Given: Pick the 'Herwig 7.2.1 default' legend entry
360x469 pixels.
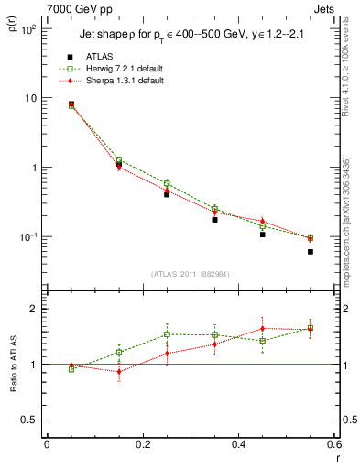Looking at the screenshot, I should (x=121, y=69).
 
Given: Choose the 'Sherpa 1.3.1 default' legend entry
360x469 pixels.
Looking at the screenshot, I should (x=121, y=81).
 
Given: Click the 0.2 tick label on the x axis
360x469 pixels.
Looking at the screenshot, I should (x=142, y=445).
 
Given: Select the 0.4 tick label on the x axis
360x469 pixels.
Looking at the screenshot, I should (x=238, y=445).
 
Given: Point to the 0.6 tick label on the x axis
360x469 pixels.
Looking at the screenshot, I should (x=333, y=445).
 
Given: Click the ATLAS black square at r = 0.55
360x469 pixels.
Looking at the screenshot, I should (x=311, y=252).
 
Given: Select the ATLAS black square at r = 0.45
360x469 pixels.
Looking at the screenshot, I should (x=263, y=234).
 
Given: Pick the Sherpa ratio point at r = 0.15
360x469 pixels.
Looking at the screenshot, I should (x=119, y=371).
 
